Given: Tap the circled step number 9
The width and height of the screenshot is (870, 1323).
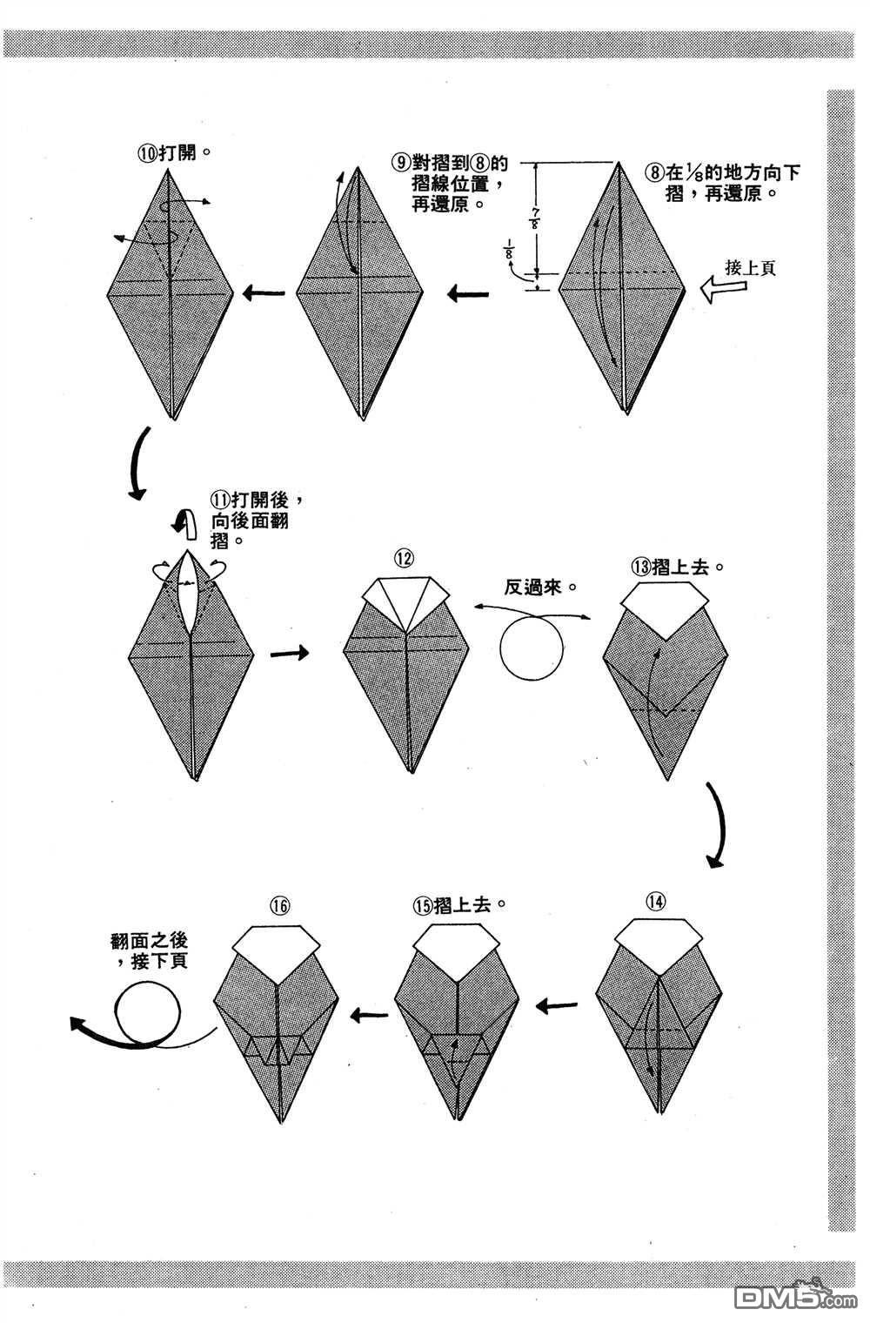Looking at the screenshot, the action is [401, 163].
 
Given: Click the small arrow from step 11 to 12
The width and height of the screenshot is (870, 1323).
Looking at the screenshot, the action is [289, 653].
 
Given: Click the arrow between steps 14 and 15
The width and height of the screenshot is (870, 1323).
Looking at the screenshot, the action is [558, 1007].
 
